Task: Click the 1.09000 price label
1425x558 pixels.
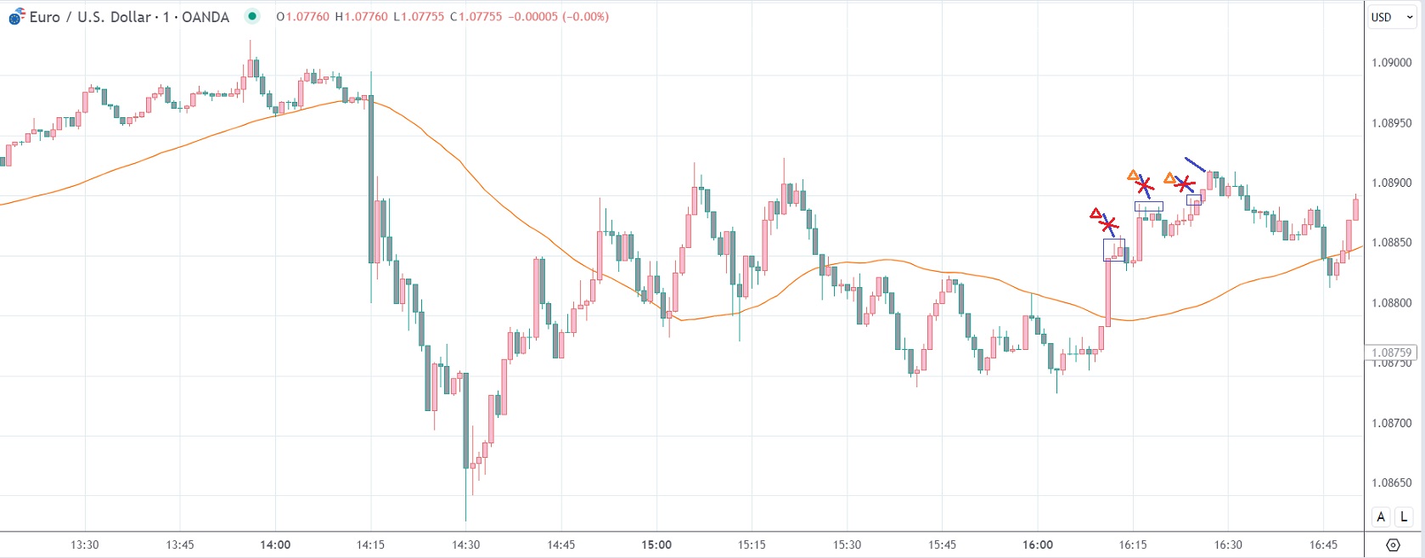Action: tap(1392, 63)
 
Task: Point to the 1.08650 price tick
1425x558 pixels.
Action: tap(1392, 483)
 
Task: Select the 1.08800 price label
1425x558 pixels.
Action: tap(1392, 303)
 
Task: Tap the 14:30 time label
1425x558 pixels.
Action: tap(465, 545)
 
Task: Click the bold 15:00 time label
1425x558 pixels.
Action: tap(656, 545)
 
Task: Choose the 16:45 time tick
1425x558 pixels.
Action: tap(1323, 545)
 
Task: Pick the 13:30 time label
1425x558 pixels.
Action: tap(84, 545)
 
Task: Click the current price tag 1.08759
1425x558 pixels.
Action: tap(1392, 352)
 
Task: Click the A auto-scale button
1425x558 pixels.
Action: tap(1381, 516)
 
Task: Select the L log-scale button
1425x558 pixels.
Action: tap(1404, 516)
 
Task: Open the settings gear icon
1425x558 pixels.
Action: tap(1393, 544)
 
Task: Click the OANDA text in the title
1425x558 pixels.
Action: tap(206, 17)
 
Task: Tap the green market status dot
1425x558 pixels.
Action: tap(251, 16)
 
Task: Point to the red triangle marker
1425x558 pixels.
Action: tap(1096, 214)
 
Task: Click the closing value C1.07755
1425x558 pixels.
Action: tap(477, 17)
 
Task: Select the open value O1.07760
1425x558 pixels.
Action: tap(302, 17)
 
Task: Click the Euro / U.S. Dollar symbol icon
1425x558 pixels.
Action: tap(16, 16)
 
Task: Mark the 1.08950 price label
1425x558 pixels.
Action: tap(1392, 123)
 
